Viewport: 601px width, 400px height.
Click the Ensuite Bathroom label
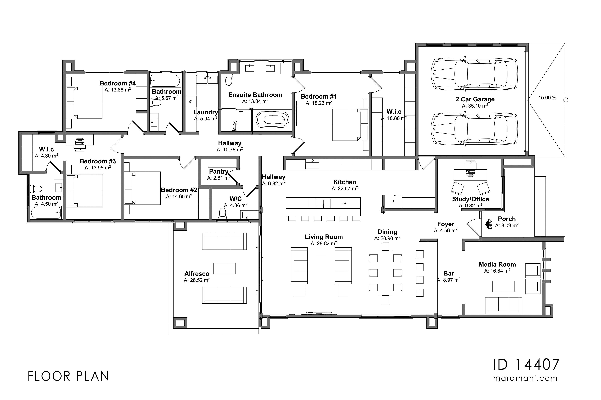tap(255, 95)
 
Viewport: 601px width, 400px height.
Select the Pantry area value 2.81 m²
tap(219, 178)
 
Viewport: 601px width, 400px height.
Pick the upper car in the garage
tap(474, 74)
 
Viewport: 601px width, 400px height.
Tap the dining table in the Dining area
tap(385, 273)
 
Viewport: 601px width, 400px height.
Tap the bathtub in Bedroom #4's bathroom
tap(165, 81)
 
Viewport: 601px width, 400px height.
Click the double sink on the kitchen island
tap(323, 203)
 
